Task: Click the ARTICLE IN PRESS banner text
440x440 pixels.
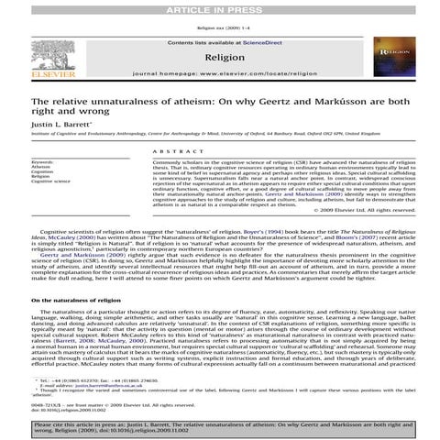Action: click(x=219, y=7)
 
